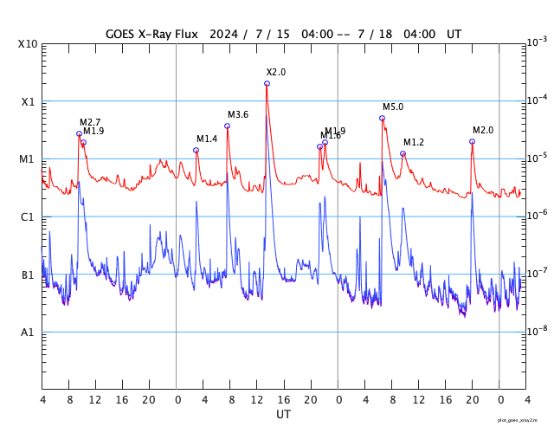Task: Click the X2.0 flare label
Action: coord(275,72)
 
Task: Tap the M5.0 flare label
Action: coord(393,107)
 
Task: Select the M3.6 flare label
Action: coord(238,114)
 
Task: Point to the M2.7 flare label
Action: coord(90,122)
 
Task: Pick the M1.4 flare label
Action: coord(207,139)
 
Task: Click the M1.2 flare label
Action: coord(414,142)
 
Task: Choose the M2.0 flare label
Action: coord(483,130)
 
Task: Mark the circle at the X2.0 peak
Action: coord(267,83)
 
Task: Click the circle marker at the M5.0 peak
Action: coord(382,118)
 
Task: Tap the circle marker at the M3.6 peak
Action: coord(228,126)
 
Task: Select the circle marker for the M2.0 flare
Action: coord(472,141)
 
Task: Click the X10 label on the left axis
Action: coord(28,44)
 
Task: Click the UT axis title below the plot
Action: coord(284,415)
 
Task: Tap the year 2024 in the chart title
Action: coord(219,34)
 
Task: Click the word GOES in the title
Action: coord(124,34)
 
